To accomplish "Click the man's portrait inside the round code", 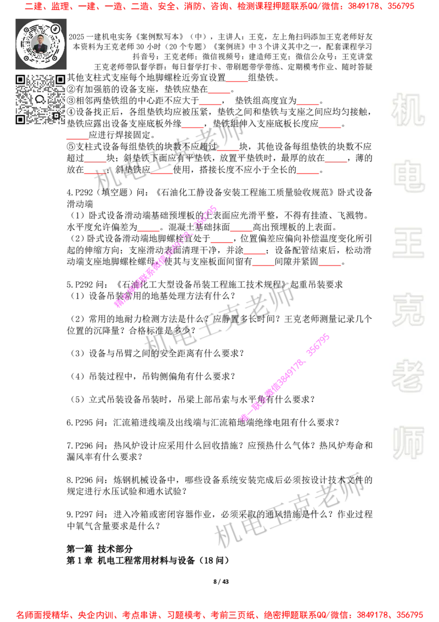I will tap(41, 43).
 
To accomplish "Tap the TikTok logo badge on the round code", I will tap(55, 29).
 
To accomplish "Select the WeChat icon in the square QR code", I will tap(40, 99).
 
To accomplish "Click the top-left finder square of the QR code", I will tap(20, 80).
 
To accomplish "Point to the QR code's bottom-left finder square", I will tap(20, 119).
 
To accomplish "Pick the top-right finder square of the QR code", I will tap(60, 80).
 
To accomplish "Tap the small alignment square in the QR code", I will tap(55, 115).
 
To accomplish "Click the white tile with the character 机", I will tap(408, 110).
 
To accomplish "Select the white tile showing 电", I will tap(410, 176).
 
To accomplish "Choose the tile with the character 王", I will tap(408, 243).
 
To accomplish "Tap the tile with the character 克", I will tap(408, 310).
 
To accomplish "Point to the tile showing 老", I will tap(408, 376).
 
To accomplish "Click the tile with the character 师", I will tap(408, 444).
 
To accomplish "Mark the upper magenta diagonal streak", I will tap(165, 256).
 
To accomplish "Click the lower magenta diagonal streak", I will tap(284, 377).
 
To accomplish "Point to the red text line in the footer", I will tap(219, 614).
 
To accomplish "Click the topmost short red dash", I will tap(237, 81).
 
